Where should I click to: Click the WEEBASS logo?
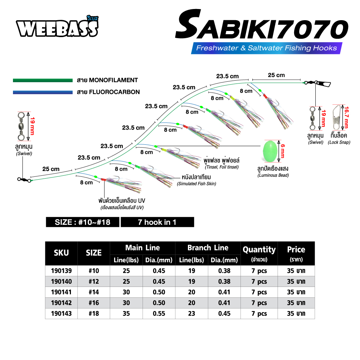(x=57, y=27)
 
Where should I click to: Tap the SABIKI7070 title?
(x=262, y=25)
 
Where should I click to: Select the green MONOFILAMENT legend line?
(x=43, y=80)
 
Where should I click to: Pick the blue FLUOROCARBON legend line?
(x=43, y=92)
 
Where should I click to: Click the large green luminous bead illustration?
(x=270, y=152)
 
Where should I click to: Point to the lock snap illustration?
(x=337, y=118)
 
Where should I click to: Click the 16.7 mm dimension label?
(x=347, y=117)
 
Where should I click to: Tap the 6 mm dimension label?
(x=283, y=151)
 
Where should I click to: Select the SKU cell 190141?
(x=61, y=292)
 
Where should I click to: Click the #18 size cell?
(x=94, y=314)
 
